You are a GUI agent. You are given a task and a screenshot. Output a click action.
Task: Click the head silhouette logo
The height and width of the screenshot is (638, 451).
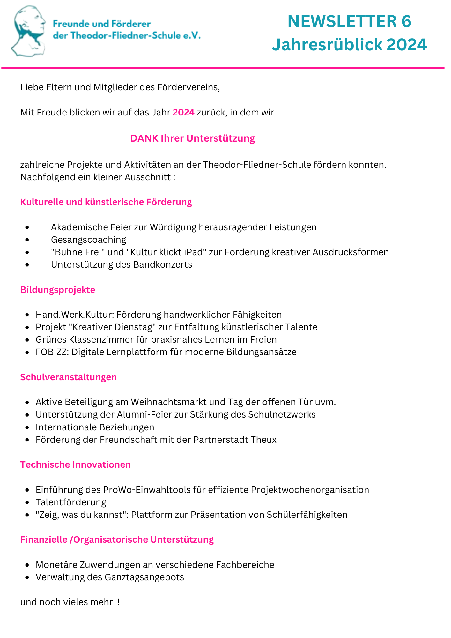pyautogui.click(x=29, y=31)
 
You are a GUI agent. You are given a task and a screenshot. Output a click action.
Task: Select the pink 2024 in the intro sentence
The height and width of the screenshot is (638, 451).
pyautogui.click(x=183, y=113)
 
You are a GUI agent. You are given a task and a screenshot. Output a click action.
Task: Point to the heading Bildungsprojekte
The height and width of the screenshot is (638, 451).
pyautogui.click(x=58, y=290)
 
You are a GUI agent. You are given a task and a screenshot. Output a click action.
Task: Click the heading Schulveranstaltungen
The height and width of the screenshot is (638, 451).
pyautogui.click(x=68, y=377)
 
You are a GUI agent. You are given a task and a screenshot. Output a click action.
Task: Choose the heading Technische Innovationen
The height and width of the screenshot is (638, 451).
pyautogui.click(x=76, y=464)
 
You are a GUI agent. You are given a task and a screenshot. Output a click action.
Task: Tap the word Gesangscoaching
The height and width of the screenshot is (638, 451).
pyautogui.click(x=88, y=240)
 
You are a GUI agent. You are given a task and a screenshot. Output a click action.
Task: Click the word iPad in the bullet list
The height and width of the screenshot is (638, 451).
pyautogui.click(x=193, y=252)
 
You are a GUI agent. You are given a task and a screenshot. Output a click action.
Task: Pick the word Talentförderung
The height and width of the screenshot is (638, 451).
pyautogui.click(x=71, y=502)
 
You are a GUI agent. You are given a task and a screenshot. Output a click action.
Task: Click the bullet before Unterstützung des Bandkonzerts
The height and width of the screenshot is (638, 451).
pyautogui.click(x=27, y=265)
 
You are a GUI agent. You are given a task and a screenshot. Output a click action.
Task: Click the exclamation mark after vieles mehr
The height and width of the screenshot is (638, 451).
pyautogui.click(x=119, y=602)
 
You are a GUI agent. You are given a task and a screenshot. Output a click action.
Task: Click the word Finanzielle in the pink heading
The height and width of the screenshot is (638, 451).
pyautogui.click(x=44, y=539)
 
